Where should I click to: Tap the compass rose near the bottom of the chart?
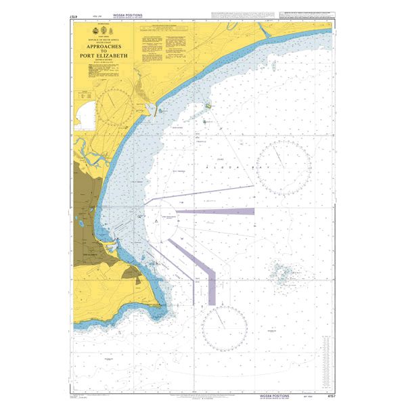pyautogui.click(x=224, y=329)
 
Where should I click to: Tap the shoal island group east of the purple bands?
pyautogui.click(x=281, y=272)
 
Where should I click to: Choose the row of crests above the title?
pyautogui.click(x=102, y=31)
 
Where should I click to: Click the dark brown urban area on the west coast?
pyautogui.click(x=85, y=203)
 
